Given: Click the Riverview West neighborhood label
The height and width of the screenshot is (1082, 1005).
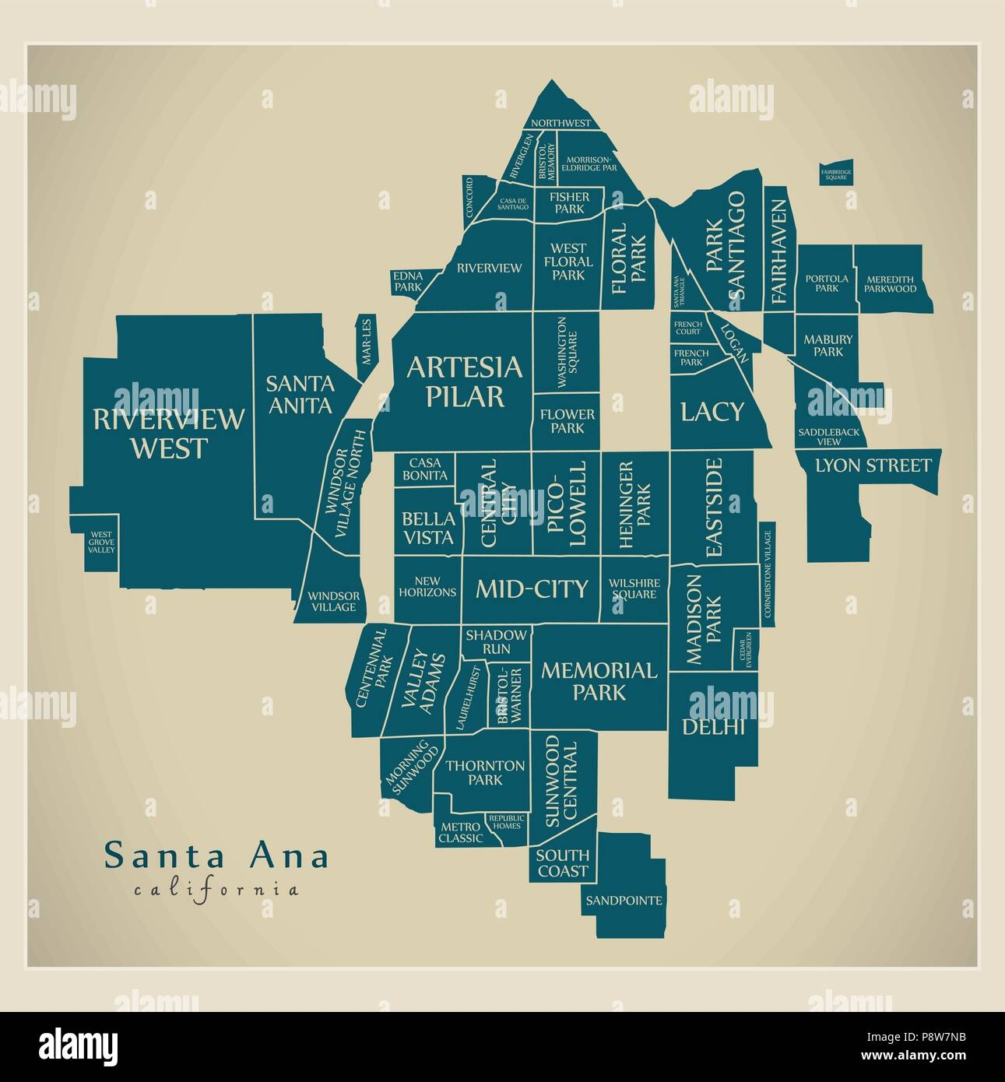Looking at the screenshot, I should click(x=168, y=433).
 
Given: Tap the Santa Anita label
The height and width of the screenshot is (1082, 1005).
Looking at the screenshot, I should click(x=300, y=394).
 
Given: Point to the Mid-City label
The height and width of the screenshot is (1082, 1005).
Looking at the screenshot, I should click(x=531, y=588).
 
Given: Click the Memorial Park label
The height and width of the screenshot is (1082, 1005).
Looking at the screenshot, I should click(x=599, y=680).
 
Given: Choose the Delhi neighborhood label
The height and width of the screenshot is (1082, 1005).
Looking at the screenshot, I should click(x=714, y=727).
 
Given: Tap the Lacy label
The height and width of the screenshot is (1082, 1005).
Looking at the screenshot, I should click(x=712, y=411).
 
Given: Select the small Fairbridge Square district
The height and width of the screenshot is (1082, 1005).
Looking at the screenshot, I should click(x=835, y=174).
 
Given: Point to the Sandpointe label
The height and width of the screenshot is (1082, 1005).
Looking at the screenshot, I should click(x=624, y=901).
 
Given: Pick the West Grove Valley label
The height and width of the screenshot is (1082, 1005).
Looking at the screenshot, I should click(x=100, y=541).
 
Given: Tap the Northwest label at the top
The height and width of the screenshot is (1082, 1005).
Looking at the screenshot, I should click(x=561, y=123).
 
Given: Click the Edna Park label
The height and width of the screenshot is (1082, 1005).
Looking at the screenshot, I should click(x=407, y=281).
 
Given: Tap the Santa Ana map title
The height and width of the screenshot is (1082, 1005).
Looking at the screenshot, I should click(x=216, y=855).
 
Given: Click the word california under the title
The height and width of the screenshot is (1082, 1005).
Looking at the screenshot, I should click(x=216, y=889).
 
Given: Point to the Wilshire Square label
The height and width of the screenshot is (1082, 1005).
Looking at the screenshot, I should click(x=634, y=588).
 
